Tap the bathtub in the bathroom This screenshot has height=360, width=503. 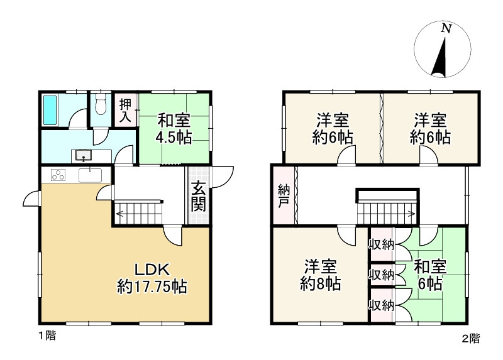coord(51,110)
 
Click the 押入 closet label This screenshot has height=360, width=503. coord(126,111)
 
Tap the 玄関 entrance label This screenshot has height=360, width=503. coord(197,195)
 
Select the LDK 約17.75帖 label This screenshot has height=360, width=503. coord(152,278)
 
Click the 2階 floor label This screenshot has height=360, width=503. coord(470,339)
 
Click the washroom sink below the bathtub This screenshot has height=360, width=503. coord(83,155)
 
